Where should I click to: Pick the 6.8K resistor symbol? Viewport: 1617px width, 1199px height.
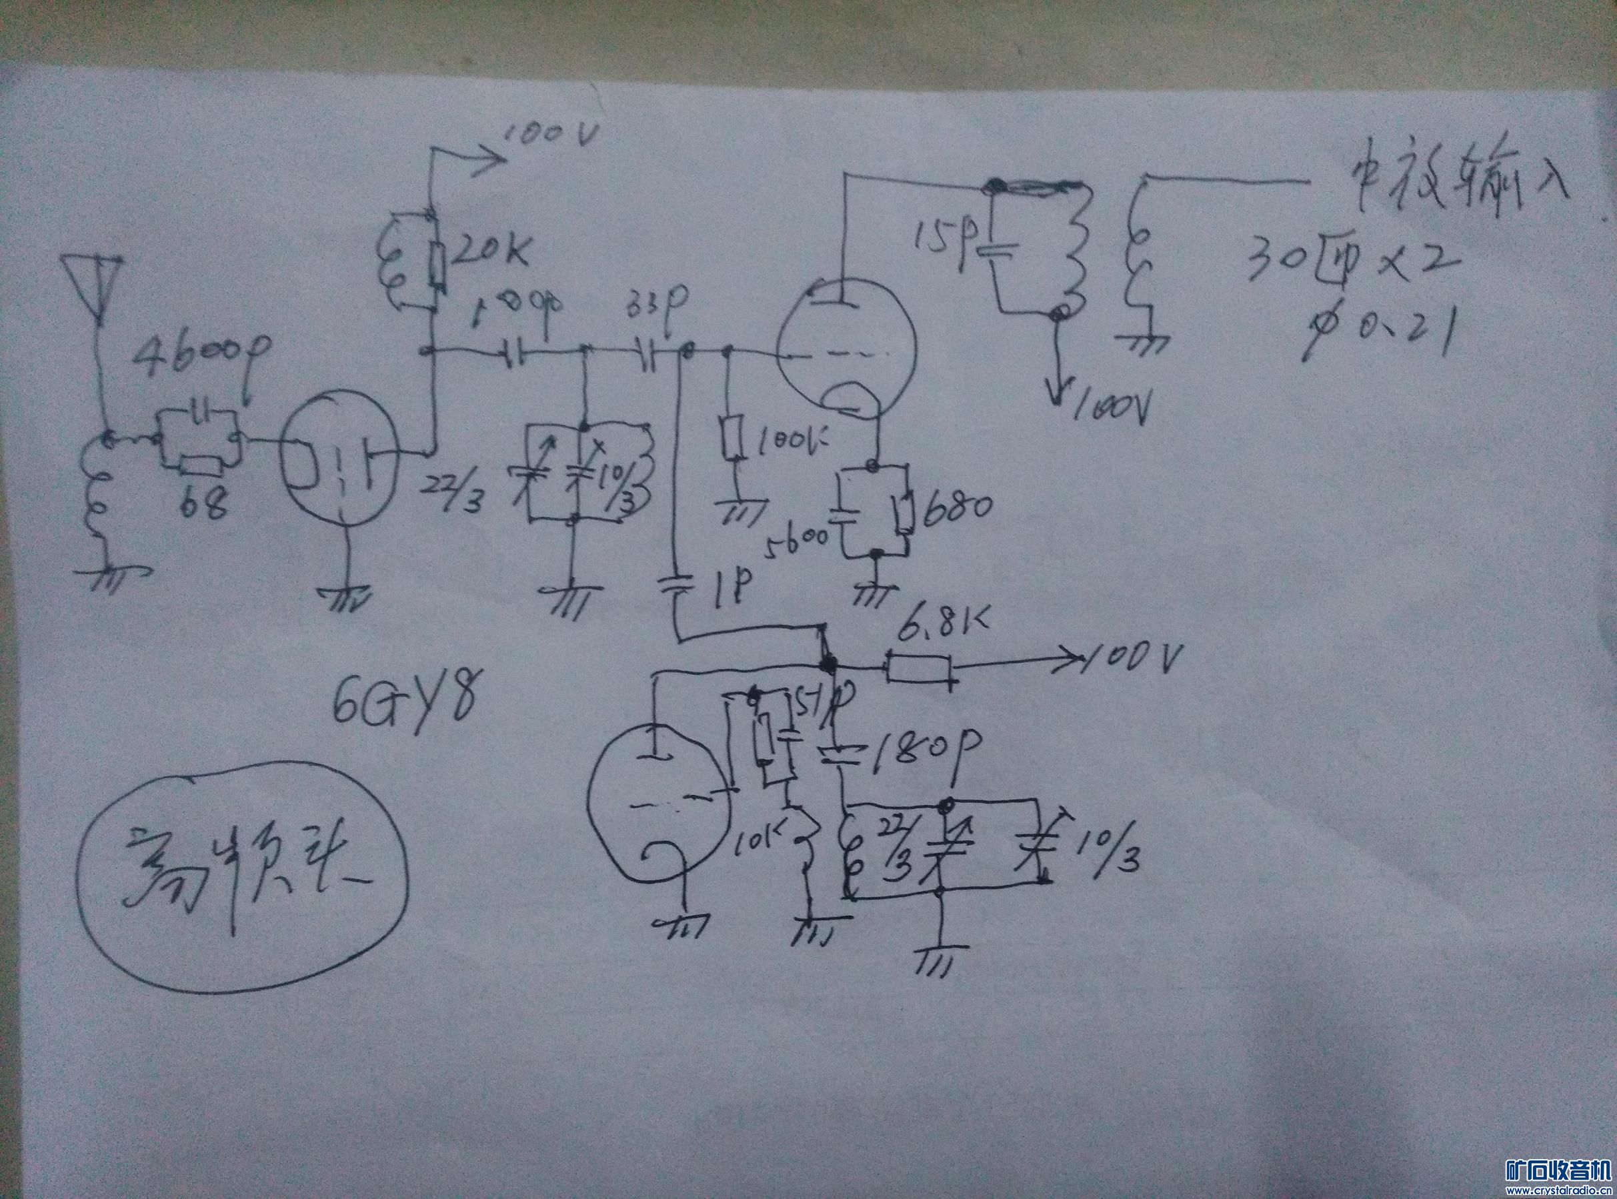click(918, 668)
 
